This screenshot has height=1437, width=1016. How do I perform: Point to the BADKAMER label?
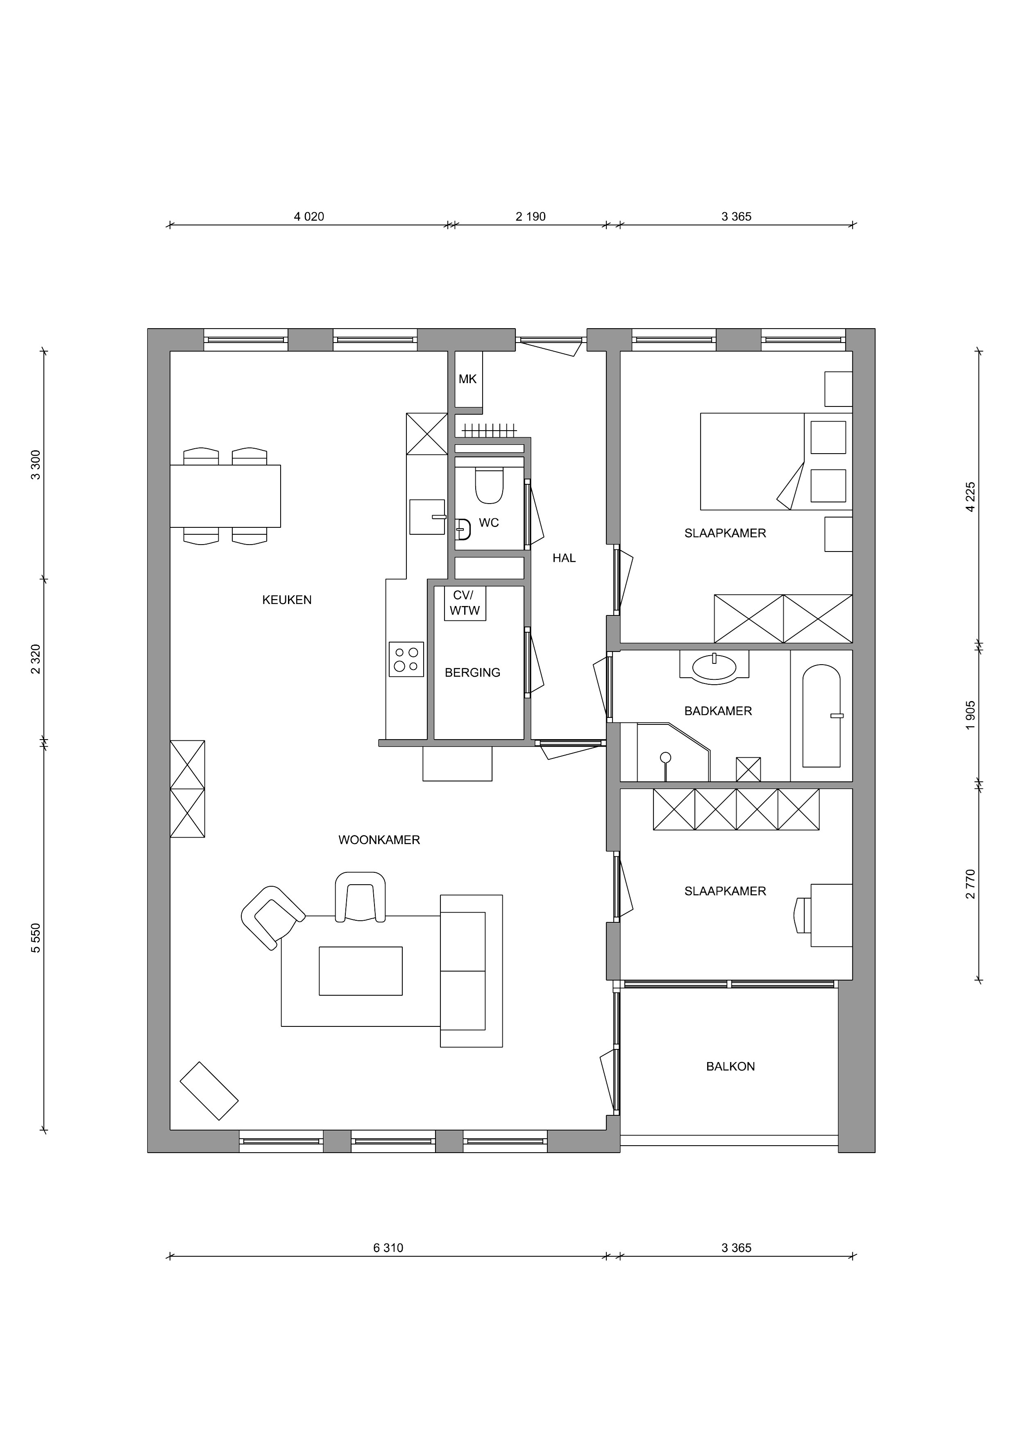tap(718, 711)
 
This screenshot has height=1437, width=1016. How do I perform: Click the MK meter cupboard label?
tap(467, 379)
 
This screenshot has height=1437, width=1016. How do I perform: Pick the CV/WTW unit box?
tap(465, 603)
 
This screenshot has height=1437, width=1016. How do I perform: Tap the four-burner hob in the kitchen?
tap(406, 659)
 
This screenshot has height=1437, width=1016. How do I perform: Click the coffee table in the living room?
tap(361, 971)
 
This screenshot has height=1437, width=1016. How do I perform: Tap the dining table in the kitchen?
tap(225, 496)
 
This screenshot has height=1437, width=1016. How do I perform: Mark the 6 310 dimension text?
tap(388, 1248)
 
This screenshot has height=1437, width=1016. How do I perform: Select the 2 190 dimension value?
tap(531, 216)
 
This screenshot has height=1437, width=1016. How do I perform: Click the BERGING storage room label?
tap(472, 673)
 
